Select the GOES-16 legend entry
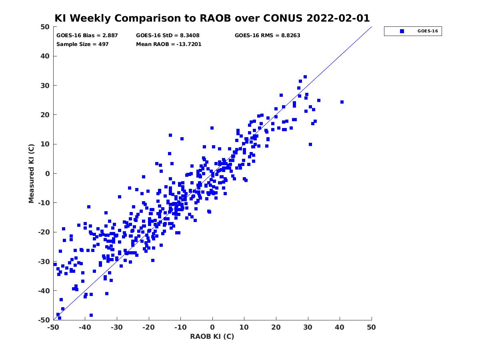[x=412, y=31]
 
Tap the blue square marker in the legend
[x=402, y=31]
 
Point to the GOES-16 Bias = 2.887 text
[x=87, y=36]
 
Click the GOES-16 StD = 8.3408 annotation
[x=168, y=36]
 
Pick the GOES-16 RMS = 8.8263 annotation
[x=268, y=36]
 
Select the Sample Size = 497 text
[x=82, y=44]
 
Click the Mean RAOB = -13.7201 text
[x=169, y=44]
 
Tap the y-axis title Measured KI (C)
[x=31, y=174]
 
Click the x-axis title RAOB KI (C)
[x=212, y=336]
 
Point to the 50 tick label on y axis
[x=45, y=27]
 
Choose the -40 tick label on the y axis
[x=44, y=291]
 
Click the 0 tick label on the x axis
[x=212, y=327]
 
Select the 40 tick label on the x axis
[x=340, y=327]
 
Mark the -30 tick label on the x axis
[x=117, y=327]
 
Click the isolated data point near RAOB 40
[x=342, y=102]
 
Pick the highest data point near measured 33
[x=305, y=77]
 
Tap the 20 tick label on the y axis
[x=45, y=115]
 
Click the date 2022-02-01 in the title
[x=338, y=18]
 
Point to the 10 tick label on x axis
[x=244, y=327]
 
